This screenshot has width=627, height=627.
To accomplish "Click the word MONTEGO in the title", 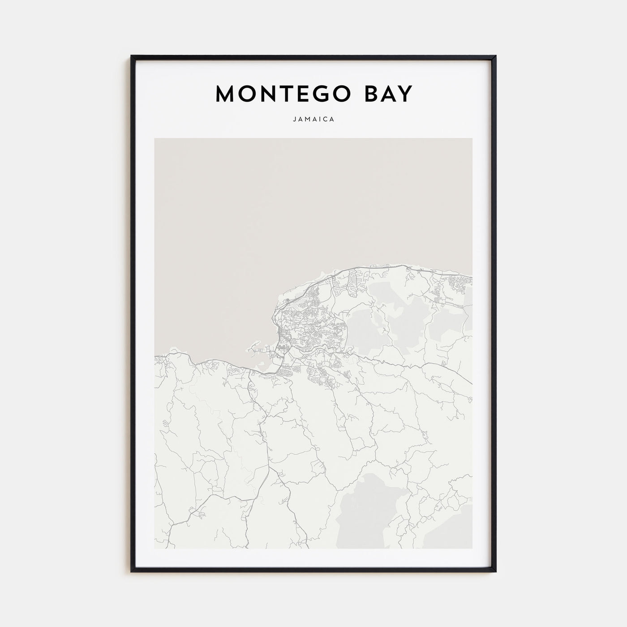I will [x=278, y=94].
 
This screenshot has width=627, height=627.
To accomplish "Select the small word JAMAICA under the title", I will [x=313, y=120].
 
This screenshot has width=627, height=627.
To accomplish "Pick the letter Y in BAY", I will [x=405, y=94].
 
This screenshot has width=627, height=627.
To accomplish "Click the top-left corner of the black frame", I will [x=132, y=56].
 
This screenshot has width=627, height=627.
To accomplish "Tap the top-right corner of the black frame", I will [x=496, y=56].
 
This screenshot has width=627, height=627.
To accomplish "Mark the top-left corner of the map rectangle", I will [x=155, y=138].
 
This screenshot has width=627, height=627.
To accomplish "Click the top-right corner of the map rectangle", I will [x=472, y=138].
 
